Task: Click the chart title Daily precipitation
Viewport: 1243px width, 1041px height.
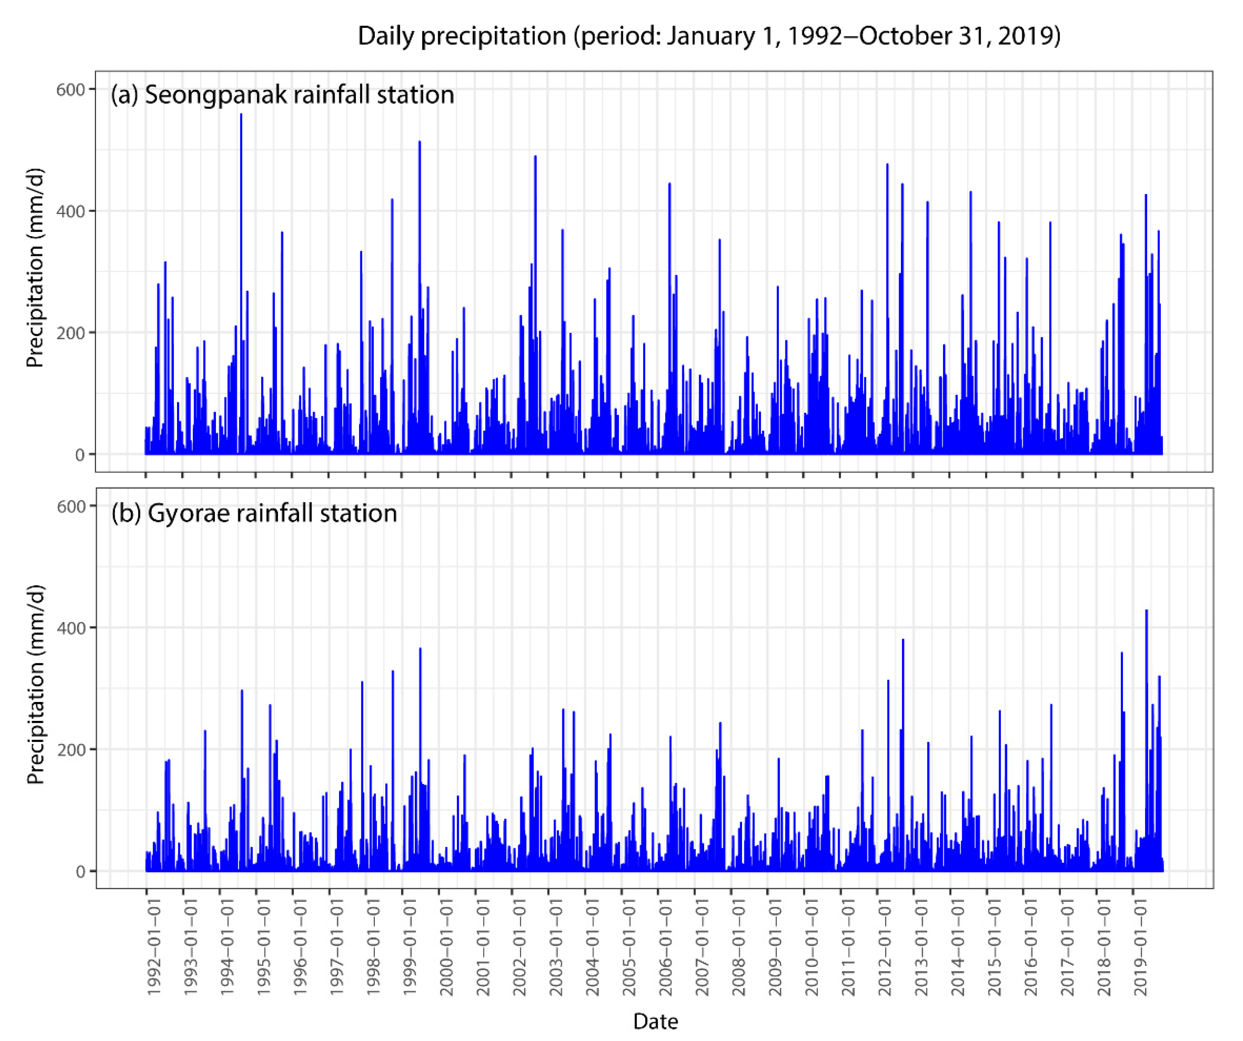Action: tap(708, 37)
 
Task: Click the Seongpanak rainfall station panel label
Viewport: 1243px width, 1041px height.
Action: tap(282, 95)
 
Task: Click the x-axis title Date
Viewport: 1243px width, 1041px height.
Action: tap(655, 1021)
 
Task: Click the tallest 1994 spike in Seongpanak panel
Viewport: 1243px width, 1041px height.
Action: tap(241, 115)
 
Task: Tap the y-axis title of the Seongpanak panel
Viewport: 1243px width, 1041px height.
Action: tap(35, 268)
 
